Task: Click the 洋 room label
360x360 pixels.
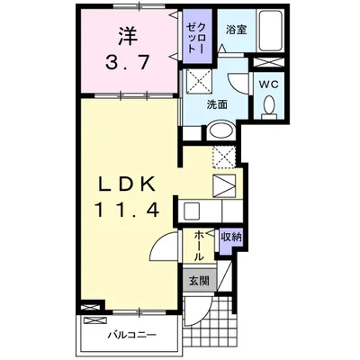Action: tap(128, 36)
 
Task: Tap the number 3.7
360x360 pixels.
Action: tap(127, 63)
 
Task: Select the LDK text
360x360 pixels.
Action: tap(128, 184)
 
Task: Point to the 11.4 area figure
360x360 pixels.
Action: tap(127, 210)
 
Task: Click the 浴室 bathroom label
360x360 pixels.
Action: tap(237, 30)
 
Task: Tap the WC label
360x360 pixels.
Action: tap(269, 85)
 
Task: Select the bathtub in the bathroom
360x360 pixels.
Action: tap(271, 31)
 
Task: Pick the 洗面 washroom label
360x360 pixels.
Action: tap(217, 104)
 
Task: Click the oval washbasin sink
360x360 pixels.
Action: tap(221, 130)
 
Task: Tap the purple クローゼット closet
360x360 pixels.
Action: tap(197, 36)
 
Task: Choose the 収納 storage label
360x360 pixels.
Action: tap(231, 238)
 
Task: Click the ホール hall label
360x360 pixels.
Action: tap(199, 246)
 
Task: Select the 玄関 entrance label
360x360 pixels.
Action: tap(199, 281)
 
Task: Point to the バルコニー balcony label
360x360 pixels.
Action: tap(132, 334)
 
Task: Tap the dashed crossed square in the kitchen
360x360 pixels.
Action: tap(224, 157)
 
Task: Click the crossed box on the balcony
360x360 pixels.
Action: tap(95, 320)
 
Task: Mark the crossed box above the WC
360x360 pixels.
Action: tap(268, 62)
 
